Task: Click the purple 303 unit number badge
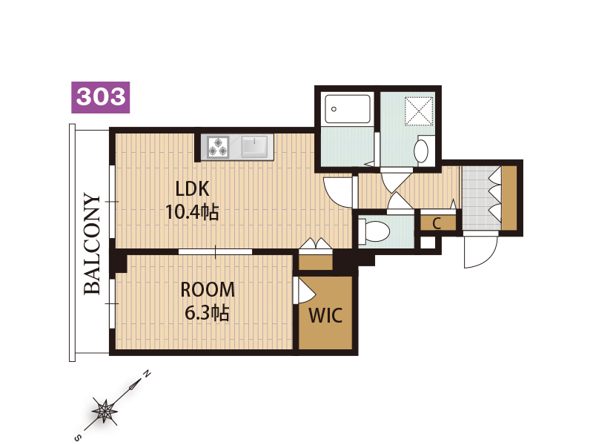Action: click(101, 97)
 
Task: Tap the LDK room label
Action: click(192, 188)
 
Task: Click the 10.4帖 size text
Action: click(192, 212)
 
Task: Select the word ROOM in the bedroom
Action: click(208, 289)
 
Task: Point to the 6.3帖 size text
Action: click(207, 313)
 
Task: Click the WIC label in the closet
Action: click(325, 315)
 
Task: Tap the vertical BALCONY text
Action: click(92, 244)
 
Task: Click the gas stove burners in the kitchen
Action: click(218, 147)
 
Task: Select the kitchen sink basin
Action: click(254, 147)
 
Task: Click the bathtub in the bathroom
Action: click(348, 109)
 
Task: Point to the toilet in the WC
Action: click(374, 231)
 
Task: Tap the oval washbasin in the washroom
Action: click(421, 151)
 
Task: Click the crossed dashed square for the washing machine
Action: click(419, 111)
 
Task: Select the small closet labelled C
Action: click(437, 223)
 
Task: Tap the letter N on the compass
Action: click(147, 375)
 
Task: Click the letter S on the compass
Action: click(78, 438)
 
